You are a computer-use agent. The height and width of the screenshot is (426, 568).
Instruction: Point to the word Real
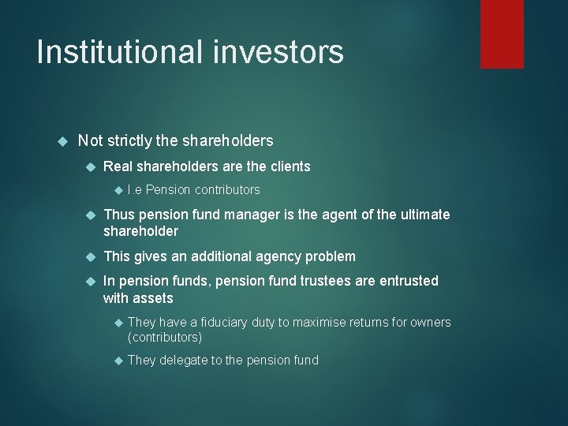point(119,166)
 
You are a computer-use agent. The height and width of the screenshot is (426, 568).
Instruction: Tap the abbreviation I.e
point(135,189)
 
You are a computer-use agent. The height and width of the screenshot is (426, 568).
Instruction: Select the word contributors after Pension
point(227,189)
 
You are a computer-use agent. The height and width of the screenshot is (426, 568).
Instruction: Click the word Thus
point(119,215)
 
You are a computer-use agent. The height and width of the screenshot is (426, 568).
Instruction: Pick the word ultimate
point(423,215)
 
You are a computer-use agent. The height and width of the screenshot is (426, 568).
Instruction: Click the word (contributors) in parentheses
point(165,337)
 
